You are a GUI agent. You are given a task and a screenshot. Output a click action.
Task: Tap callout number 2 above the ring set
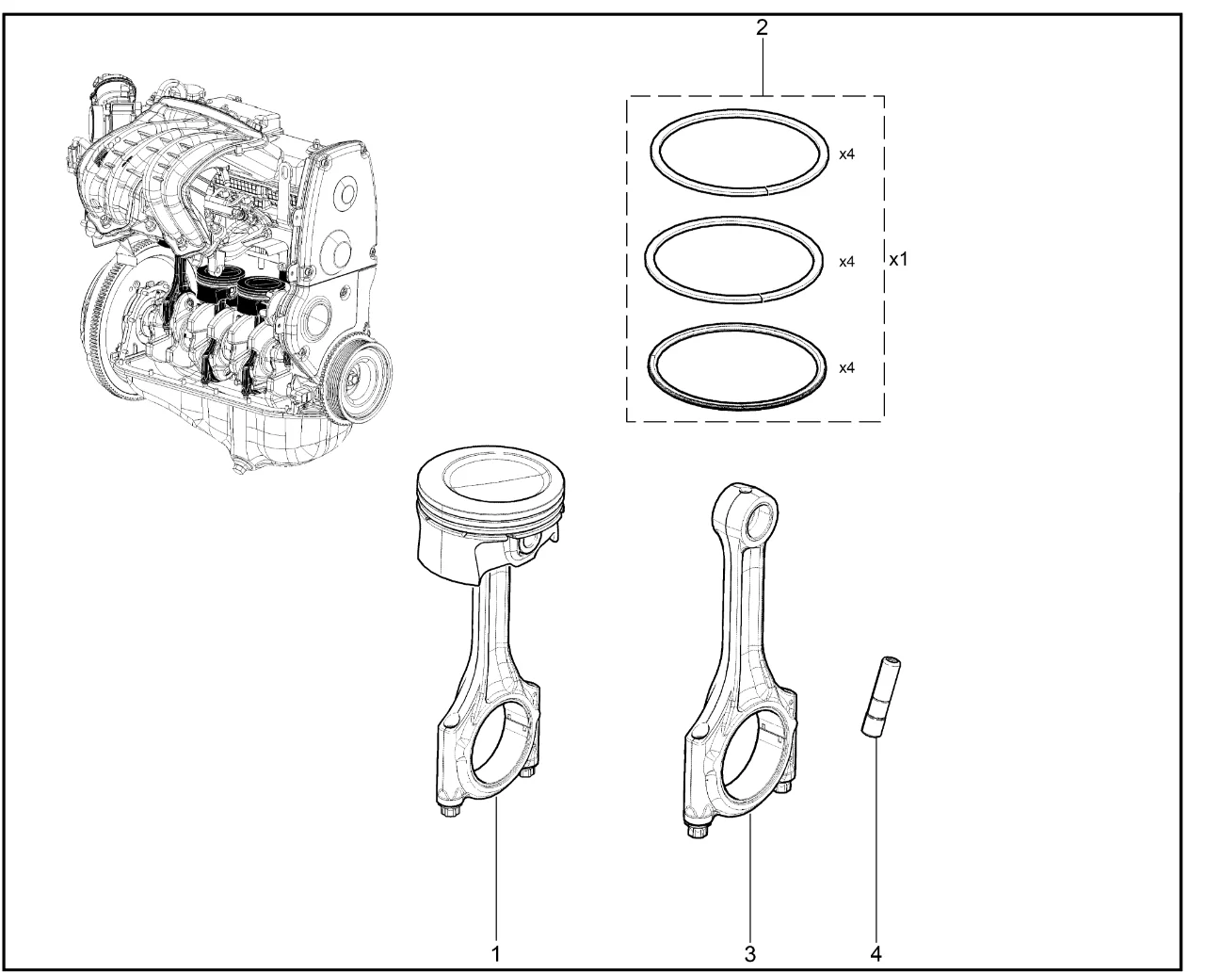(762, 27)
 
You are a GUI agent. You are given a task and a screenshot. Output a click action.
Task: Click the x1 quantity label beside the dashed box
(898, 259)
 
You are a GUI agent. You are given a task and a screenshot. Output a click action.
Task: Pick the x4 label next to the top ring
(846, 154)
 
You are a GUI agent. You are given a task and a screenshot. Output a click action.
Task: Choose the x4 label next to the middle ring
(846, 262)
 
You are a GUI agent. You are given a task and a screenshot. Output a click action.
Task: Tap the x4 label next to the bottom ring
(846, 368)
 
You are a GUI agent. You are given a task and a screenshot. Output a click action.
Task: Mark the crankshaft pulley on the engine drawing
(359, 377)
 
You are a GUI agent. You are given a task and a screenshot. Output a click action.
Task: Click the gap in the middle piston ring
(759, 296)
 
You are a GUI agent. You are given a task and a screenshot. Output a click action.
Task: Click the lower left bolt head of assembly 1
(449, 812)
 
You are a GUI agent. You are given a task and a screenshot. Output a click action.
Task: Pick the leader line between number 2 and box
(763, 67)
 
